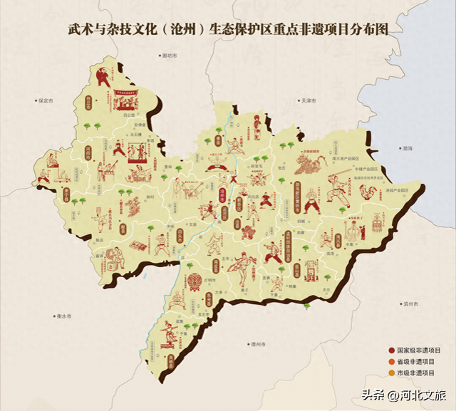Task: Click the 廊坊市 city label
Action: coord(169,54)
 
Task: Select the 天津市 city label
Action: coord(308,101)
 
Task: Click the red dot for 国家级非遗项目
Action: coord(391,350)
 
